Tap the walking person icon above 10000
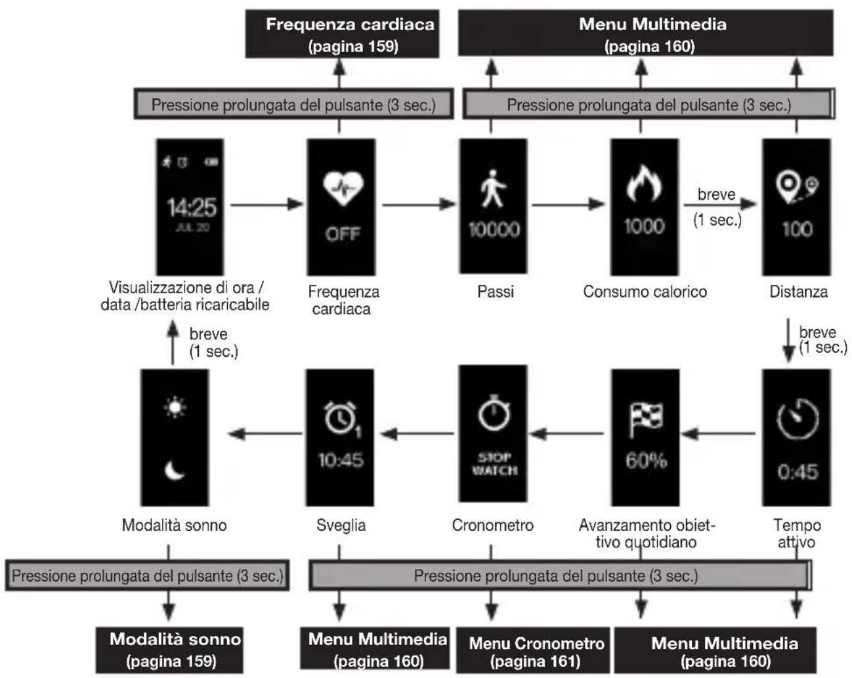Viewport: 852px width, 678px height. pos(492,189)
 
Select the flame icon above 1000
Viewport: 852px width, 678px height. pos(644,183)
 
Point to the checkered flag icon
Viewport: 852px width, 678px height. pos(646,419)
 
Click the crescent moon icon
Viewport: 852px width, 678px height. pos(175,470)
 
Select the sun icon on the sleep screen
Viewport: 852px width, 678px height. pos(175,407)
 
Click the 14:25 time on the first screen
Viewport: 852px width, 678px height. pos(192,207)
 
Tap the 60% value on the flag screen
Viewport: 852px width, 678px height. pos(646,461)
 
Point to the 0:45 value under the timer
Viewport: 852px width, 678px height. pos(798,472)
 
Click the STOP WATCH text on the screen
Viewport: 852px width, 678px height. pos(494,464)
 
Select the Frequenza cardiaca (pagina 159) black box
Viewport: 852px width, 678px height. pos(342,34)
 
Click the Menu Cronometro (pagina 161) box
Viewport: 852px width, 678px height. pos(533,650)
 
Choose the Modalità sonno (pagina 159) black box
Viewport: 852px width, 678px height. pos(169,650)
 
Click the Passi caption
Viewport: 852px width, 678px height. pos(496,292)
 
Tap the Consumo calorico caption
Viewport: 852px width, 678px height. pos(645,292)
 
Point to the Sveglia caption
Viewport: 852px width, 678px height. pos(341,526)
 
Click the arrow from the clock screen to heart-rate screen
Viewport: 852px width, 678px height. pos(267,204)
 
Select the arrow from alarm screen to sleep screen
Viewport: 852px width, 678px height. pos(265,434)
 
